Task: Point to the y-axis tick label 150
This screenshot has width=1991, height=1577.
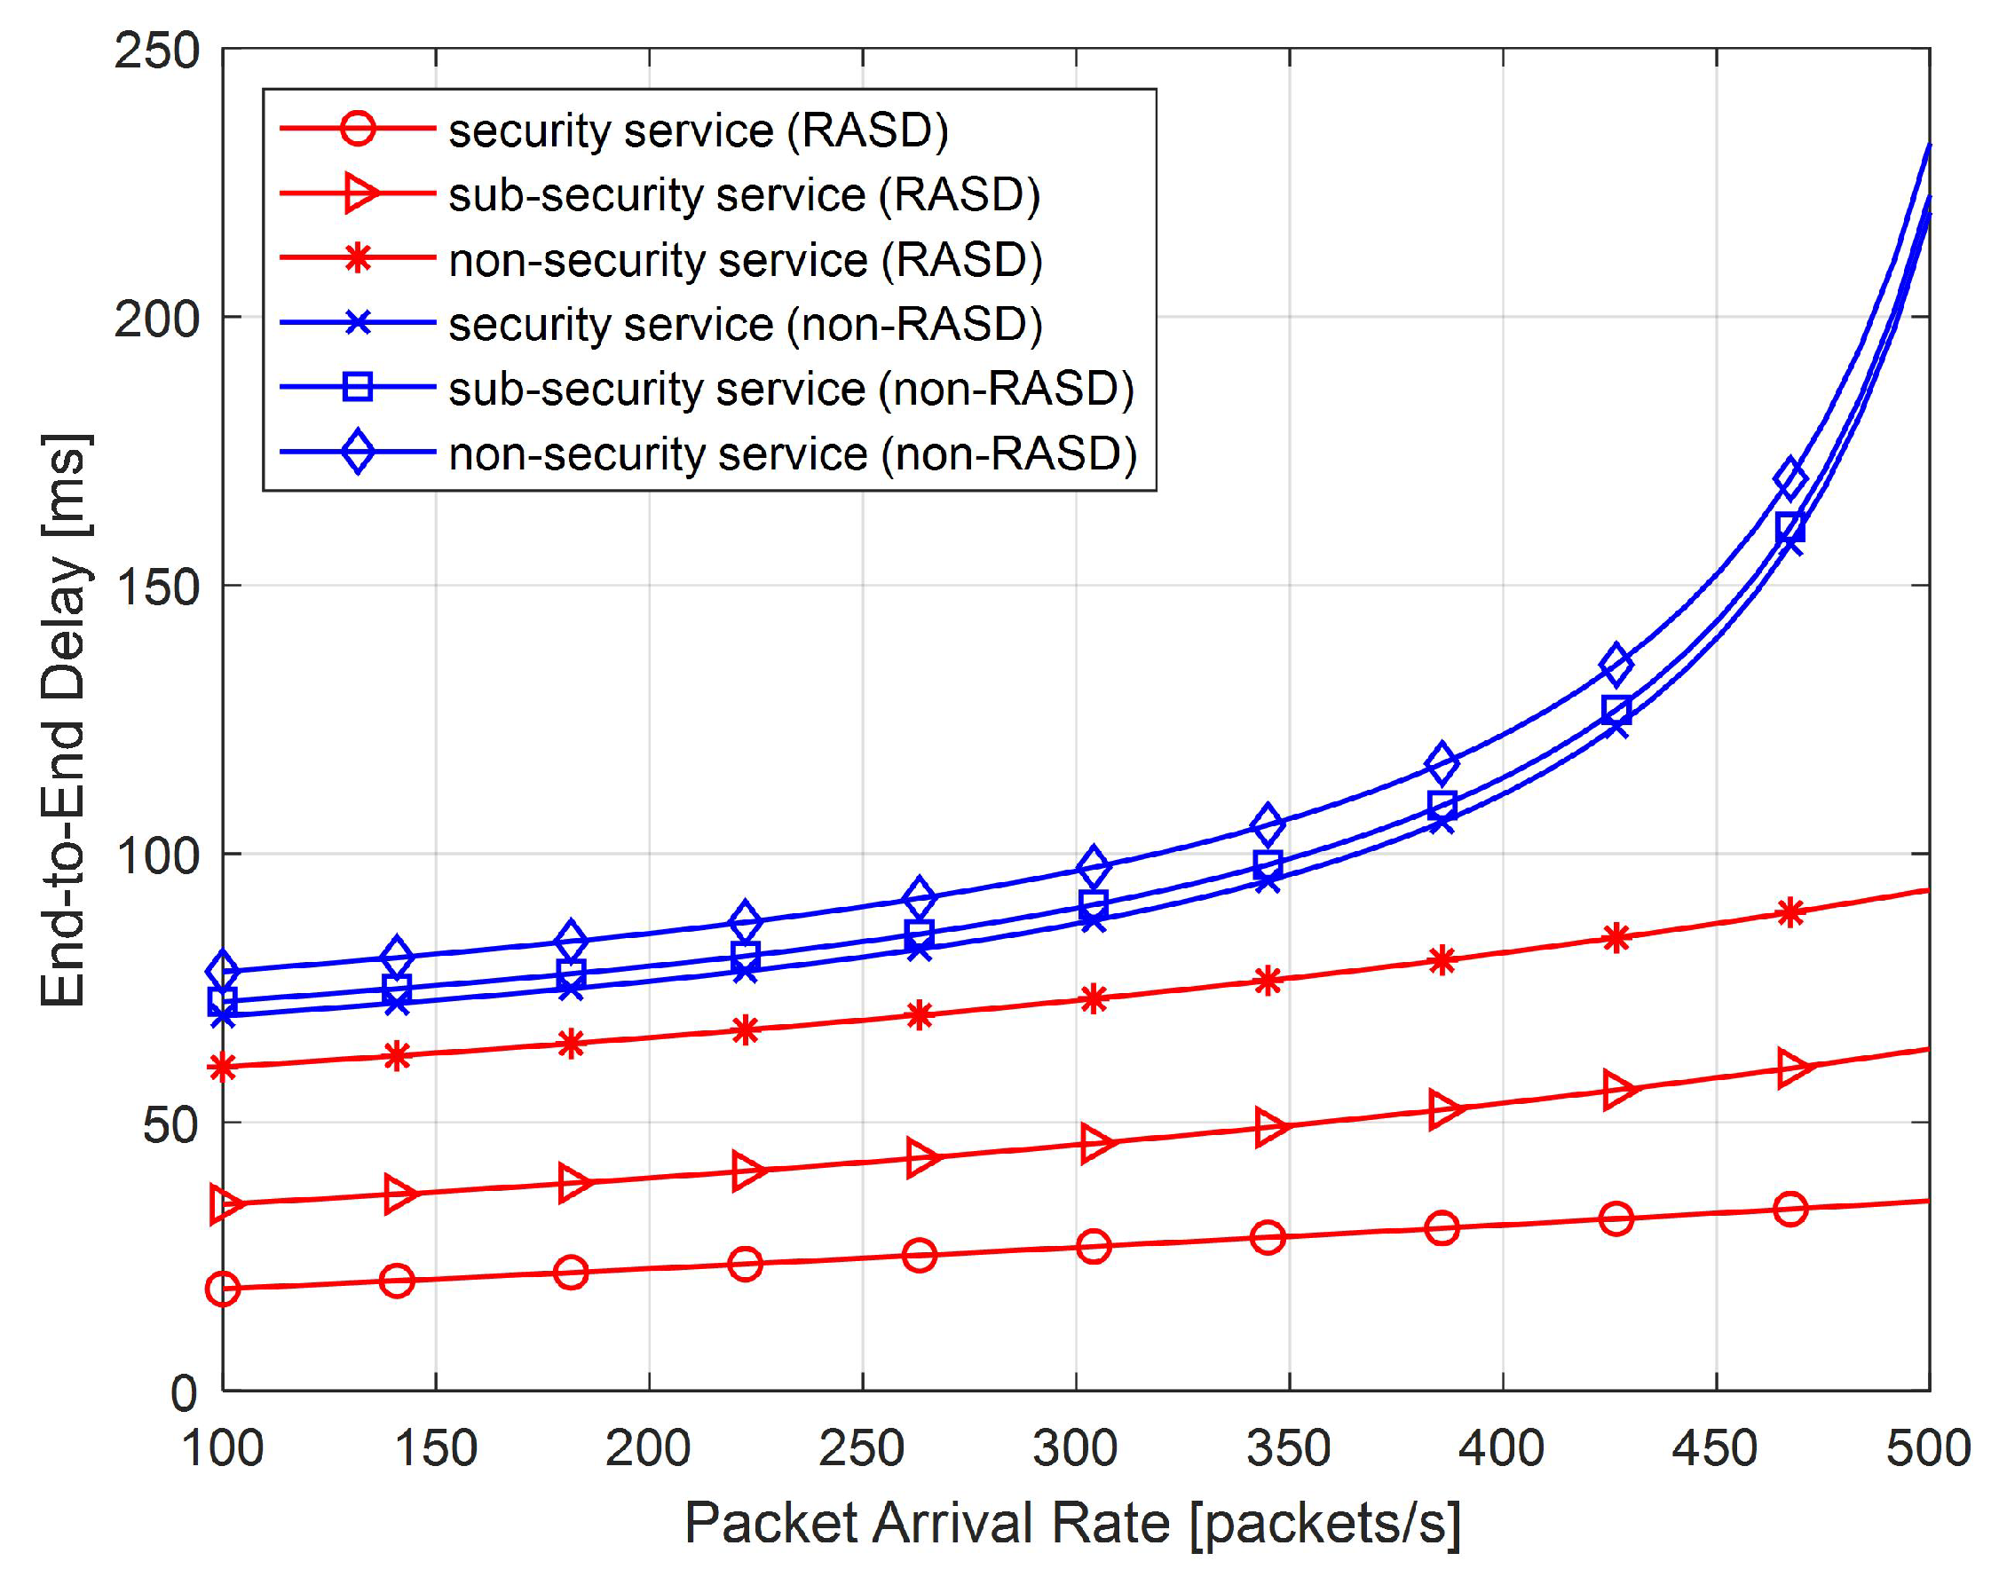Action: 156,587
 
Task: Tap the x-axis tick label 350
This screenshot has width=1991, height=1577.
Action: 1288,1447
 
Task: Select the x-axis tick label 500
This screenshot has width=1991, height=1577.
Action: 1928,1447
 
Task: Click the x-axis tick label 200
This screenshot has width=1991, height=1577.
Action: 648,1447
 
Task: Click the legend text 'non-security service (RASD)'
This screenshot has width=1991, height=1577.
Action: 746,259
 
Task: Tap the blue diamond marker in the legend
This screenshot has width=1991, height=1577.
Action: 358,453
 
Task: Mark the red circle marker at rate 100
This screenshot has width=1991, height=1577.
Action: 223,1288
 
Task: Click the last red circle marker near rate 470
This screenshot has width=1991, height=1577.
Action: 1790,1210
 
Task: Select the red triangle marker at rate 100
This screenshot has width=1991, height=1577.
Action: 225,1204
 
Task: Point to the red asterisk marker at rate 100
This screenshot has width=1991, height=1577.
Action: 223,1068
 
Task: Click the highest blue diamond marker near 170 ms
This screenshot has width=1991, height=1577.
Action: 1790,478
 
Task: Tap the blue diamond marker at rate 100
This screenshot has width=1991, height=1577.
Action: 223,971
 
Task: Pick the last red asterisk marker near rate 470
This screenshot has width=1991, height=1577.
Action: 1790,913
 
